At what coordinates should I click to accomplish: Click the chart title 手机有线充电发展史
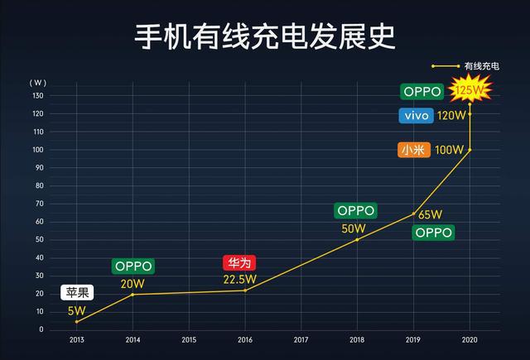click(265, 36)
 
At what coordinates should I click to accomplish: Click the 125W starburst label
click(470, 89)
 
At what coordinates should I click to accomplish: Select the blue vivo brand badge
click(416, 116)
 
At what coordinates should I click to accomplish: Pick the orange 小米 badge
click(414, 150)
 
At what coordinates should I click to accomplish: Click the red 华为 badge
click(239, 262)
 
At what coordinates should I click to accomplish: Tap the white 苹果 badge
click(77, 292)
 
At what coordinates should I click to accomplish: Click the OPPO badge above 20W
click(133, 266)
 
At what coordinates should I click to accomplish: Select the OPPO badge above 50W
click(355, 211)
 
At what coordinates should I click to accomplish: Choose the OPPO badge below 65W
click(433, 233)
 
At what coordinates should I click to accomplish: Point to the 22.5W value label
click(239, 279)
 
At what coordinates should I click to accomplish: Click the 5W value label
click(77, 311)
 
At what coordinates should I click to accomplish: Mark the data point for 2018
click(357, 240)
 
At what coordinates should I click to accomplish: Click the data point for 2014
click(132, 295)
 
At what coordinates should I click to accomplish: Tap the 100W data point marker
click(470, 150)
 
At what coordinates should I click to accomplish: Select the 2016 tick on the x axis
click(245, 340)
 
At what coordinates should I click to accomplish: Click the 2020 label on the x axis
click(470, 340)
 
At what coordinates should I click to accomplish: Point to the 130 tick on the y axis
click(38, 96)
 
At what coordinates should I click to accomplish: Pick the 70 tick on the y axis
click(40, 204)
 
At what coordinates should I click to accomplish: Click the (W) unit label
click(38, 83)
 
